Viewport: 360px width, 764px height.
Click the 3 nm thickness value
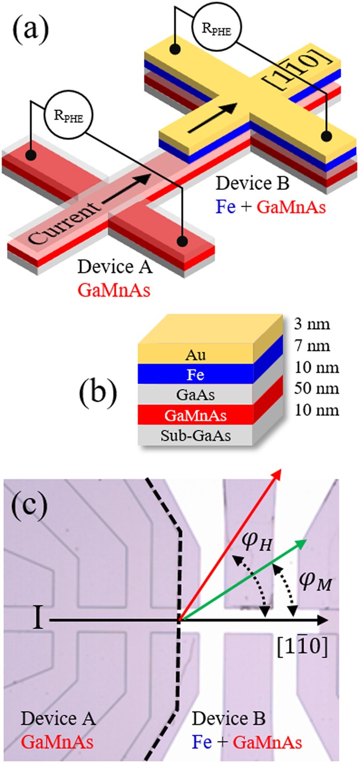coord(316,325)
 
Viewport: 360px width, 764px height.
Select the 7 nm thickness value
coord(316,347)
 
